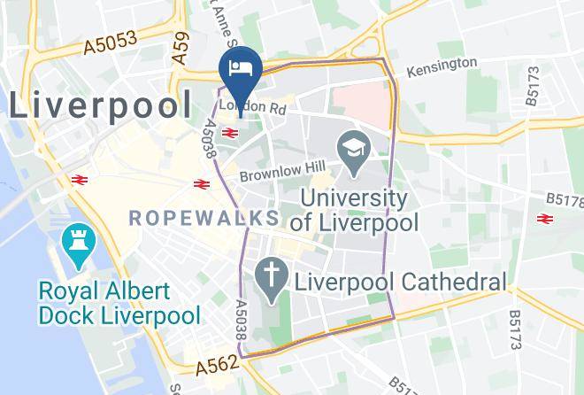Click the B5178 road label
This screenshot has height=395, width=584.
(x=564, y=201)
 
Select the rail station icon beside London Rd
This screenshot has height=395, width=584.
(x=230, y=133)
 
